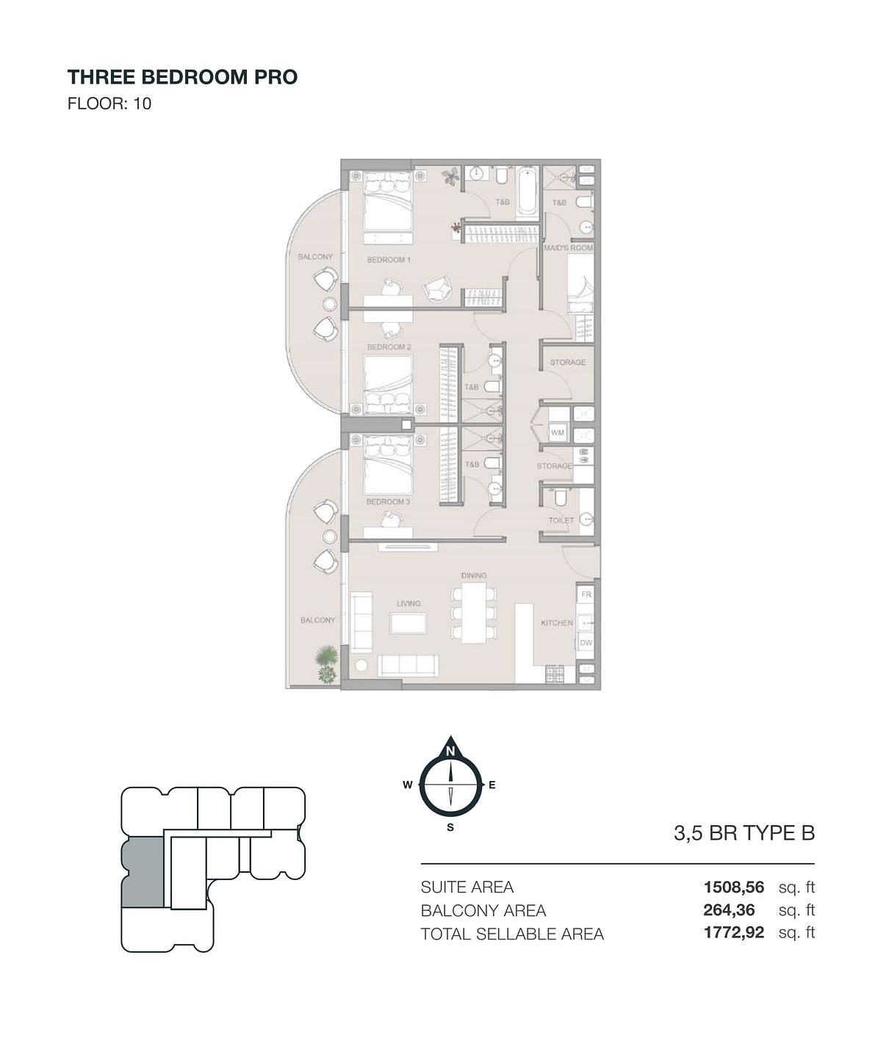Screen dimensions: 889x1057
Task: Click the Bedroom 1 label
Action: (389, 260)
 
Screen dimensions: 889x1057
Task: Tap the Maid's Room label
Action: (568, 248)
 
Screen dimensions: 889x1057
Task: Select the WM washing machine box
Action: (558, 433)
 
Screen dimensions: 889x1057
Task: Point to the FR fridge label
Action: (586, 595)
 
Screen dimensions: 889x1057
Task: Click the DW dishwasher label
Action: (586, 643)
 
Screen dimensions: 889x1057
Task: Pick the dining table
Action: (473, 612)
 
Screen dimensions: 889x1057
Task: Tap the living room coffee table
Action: (408, 623)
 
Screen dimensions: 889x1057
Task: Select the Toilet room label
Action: (561, 520)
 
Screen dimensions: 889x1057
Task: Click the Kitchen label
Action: (556, 622)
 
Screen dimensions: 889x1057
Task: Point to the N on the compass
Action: (450, 752)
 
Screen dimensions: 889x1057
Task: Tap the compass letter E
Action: (492, 785)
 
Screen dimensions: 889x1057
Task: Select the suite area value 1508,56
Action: (733, 887)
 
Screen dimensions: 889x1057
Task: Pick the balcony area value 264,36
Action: (729, 910)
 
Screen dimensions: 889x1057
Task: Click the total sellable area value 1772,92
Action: (733, 932)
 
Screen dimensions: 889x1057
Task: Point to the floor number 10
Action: (143, 103)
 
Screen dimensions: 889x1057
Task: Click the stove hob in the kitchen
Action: (553, 675)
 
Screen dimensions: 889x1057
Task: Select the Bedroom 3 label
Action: (388, 501)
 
